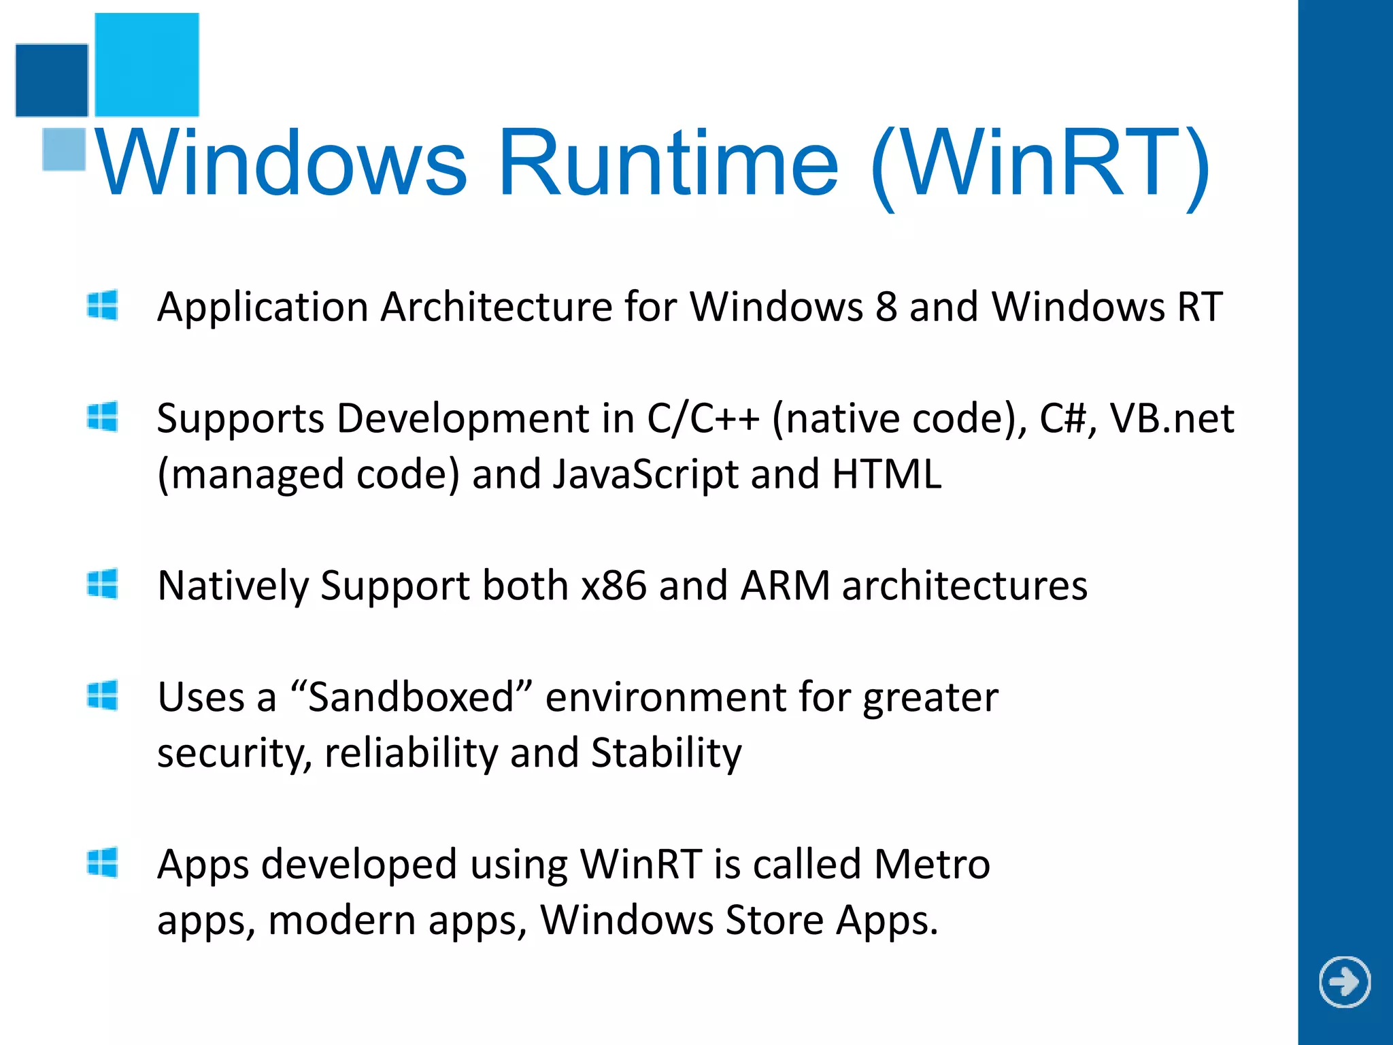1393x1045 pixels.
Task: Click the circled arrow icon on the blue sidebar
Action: click(1345, 982)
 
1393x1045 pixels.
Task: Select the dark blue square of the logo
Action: click(52, 80)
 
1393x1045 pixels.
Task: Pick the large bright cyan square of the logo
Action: click(147, 65)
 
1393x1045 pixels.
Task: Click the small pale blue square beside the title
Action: click(64, 149)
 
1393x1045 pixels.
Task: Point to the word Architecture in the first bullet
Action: click(497, 307)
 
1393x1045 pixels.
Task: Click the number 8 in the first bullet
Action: click(886, 307)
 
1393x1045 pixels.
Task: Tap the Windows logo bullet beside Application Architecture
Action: click(103, 305)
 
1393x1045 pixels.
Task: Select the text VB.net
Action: click(1172, 418)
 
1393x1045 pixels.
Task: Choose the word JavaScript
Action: click(645, 474)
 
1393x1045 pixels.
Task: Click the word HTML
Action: click(886, 474)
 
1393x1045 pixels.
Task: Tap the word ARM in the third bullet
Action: click(786, 586)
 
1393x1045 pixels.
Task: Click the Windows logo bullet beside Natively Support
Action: click(103, 584)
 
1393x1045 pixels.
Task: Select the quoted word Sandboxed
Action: click(411, 697)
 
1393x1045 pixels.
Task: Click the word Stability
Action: click(666, 753)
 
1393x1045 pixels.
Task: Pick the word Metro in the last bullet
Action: click(931, 865)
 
